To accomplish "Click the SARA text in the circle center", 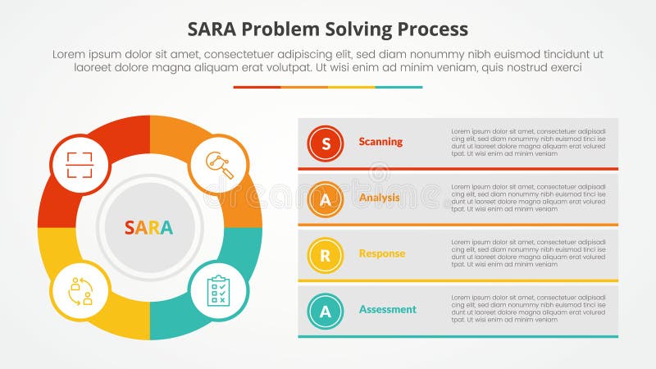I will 148,227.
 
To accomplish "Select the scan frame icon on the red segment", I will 80,163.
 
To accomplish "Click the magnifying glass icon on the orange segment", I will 219,163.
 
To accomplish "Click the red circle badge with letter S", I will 326,143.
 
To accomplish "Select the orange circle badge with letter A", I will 326,199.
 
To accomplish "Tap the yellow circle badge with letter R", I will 326,255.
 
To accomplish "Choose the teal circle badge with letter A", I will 326,311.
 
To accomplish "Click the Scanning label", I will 380,142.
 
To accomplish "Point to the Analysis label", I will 379,198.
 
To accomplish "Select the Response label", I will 381,253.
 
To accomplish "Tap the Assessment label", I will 387,309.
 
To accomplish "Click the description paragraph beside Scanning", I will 528,142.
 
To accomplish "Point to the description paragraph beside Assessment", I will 528,308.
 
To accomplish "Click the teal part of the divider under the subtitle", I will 399,87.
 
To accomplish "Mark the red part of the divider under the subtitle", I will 257,87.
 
